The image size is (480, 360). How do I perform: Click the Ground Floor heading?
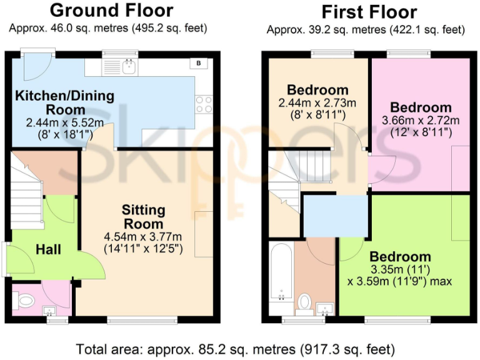coord(111,11)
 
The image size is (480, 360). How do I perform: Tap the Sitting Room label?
coord(143,216)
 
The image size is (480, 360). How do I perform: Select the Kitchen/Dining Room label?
coord(65,102)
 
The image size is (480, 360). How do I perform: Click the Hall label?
coord(48,249)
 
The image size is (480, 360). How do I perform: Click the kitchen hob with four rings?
coord(204,104)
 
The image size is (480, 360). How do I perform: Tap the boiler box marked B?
coord(199,63)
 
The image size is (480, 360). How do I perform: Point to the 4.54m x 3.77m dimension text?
coord(143,236)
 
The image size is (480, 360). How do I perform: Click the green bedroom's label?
coord(400,256)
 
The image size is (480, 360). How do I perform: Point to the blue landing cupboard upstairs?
coord(335,216)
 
